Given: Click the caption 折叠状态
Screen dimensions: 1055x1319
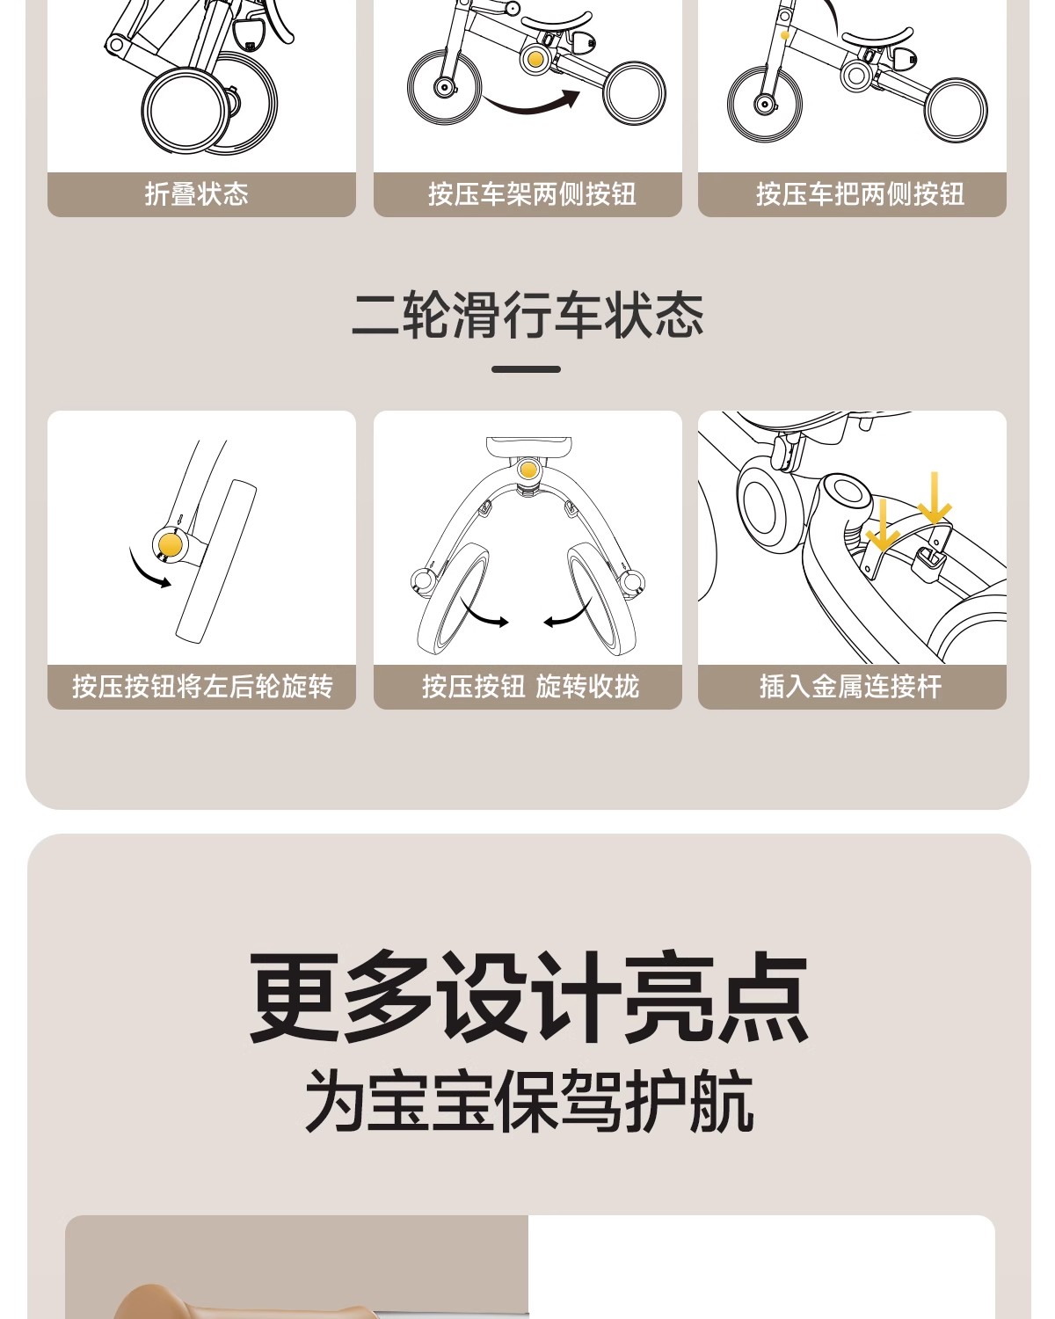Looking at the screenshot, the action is coord(197,194).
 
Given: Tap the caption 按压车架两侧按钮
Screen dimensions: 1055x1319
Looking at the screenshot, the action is coord(532,194).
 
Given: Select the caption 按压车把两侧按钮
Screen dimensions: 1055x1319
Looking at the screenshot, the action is coord(860,194).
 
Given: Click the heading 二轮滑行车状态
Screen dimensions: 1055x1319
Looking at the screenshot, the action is coord(527,315).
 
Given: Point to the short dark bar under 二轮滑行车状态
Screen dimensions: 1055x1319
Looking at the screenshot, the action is coord(526,369).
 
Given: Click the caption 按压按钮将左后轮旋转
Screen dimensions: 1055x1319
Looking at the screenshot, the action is coord(203,687).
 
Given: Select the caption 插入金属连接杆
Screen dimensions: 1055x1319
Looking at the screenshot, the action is coord(851,687).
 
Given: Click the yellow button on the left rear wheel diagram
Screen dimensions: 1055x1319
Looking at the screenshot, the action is coord(170,544).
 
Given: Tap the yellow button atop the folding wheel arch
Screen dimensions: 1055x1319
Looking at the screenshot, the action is coord(527,470).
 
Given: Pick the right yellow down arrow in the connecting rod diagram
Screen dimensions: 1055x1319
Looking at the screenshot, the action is coord(935,498).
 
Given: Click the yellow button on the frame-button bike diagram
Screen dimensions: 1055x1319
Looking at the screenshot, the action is coord(535,59).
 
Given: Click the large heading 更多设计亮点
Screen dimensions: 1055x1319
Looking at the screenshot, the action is coord(528,996).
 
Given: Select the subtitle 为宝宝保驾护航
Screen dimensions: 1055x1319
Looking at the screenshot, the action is coord(529,1101).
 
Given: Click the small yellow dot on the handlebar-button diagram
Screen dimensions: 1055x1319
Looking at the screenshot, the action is coord(785,36).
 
